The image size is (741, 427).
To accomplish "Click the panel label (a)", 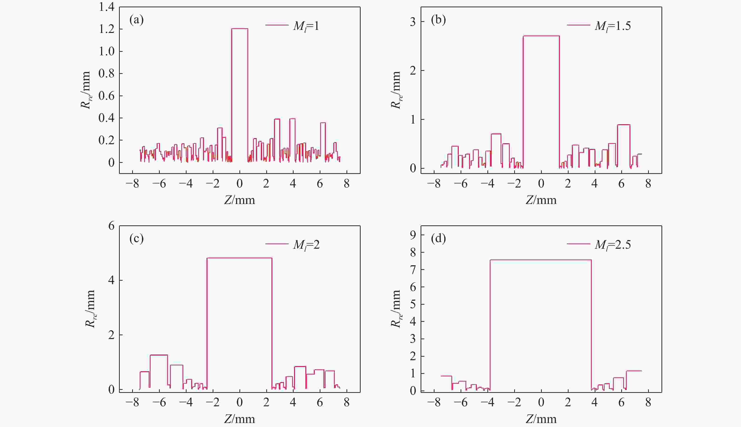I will point(136,20).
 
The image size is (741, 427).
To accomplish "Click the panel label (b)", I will point(438,20).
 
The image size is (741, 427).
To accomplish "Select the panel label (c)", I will point(136,239).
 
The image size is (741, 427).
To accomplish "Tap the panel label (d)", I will point(438,239).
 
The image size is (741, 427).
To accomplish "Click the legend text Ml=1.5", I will point(613,26).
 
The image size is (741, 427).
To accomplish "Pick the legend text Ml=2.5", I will point(613,245).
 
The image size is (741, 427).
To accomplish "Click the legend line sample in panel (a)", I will point(277,25).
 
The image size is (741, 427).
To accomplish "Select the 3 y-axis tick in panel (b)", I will point(413,22).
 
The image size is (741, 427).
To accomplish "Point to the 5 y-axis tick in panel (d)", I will point(413,304).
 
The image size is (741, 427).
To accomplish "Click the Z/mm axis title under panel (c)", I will point(239,419).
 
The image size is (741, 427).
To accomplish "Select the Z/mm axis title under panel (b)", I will point(541,200).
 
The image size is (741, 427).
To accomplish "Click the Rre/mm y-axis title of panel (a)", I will point(86,90).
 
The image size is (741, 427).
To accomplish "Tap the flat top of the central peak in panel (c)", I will point(239,258).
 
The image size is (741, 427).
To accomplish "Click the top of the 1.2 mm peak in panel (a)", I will point(239,29).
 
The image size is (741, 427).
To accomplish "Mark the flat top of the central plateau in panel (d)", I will point(540,260).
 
